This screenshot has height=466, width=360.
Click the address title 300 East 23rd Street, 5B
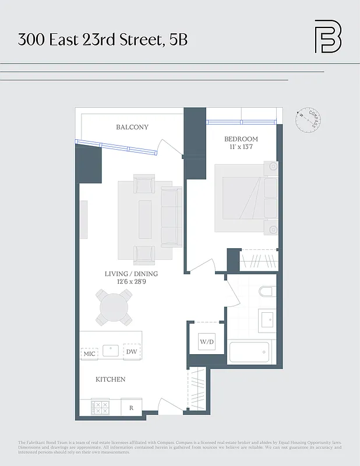coord(103,40)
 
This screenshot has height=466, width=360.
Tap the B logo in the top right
coord(327,37)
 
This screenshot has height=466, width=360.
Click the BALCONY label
coord(132,127)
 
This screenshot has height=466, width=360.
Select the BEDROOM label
coord(241,139)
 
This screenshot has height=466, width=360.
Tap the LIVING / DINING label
coord(131,274)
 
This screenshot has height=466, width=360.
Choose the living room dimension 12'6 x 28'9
coord(131,282)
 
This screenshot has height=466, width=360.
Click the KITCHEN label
coord(110,379)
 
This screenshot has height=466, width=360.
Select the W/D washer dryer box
coord(206,341)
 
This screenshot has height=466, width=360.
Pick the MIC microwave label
coord(89,353)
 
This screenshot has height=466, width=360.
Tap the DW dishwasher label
coord(131,352)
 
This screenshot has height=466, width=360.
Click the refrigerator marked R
coord(131,408)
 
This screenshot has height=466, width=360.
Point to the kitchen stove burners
coord(100,407)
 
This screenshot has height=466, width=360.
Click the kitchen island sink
coord(111,350)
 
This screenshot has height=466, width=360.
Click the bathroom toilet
coord(267,292)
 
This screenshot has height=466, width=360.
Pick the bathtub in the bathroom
coord(249,352)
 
